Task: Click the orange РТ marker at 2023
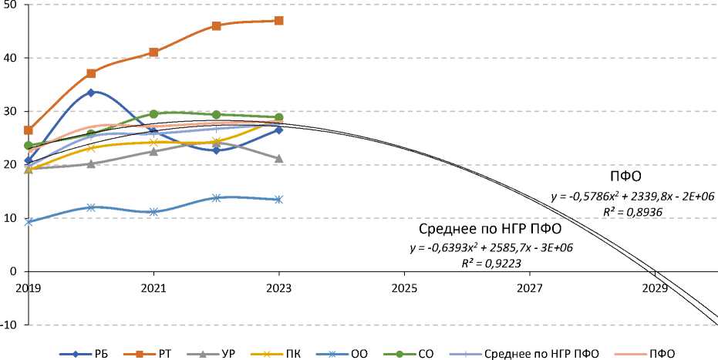(278, 21)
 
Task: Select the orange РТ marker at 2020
(91, 73)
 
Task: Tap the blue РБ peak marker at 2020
(91, 93)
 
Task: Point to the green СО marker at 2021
(153, 114)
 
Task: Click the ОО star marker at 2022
(216, 198)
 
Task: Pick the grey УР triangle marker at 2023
(278, 159)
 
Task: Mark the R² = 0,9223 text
(491, 263)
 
